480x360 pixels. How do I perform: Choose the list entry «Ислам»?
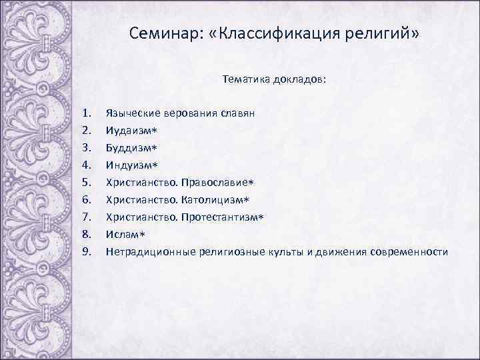120,234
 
